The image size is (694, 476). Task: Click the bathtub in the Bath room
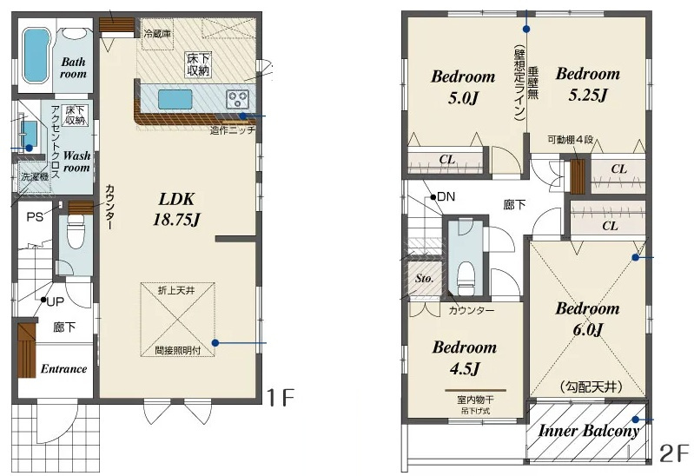tap(35, 55)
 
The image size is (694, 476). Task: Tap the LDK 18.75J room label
tap(176, 209)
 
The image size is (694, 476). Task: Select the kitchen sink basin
tap(175, 99)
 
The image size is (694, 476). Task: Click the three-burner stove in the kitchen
tap(238, 99)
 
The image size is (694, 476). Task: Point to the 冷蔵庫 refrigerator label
tap(157, 33)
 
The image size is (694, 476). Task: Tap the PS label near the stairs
tap(35, 217)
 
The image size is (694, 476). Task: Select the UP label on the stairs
tap(56, 302)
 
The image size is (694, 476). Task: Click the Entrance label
tap(63, 369)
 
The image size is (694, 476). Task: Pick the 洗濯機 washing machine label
tap(35, 176)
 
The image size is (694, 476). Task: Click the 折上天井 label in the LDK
tap(176, 291)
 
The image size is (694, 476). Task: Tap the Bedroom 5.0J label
tap(463, 87)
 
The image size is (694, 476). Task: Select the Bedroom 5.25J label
tap(587, 83)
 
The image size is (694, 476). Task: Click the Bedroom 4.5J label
tap(465, 357)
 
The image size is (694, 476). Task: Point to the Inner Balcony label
tap(589, 431)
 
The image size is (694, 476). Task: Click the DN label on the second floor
tap(446, 196)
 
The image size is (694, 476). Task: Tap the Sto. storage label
tap(424, 279)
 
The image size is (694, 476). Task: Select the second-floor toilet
tap(466, 277)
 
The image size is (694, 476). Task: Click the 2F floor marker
tap(674, 454)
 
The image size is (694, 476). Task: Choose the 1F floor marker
tap(280, 397)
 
